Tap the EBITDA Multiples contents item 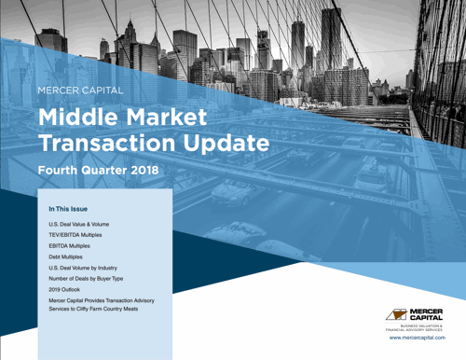[x=75, y=252]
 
